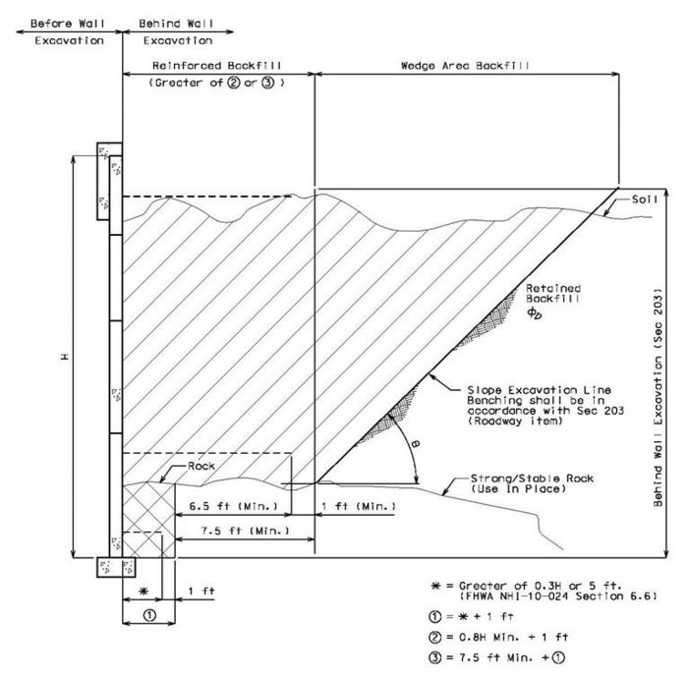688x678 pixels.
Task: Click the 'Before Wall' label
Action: click(68, 24)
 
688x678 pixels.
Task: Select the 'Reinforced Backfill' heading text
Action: click(217, 66)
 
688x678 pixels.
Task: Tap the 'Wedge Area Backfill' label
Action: click(465, 66)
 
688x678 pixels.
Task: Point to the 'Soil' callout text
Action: click(645, 199)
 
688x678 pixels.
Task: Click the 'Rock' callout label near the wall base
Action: click(201, 466)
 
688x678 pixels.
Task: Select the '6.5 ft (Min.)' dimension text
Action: click(234, 506)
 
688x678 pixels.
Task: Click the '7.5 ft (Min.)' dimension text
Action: click(246, 531)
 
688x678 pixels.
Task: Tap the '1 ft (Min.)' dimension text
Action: click(359, 506)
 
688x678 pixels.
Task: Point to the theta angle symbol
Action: click(415, 444)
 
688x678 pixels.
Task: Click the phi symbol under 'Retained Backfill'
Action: click(534, 312)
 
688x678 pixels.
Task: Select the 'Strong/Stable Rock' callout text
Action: click(532, 478)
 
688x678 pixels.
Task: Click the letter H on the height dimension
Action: click(65, 357)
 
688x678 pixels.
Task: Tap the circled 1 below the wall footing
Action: click(149, 615)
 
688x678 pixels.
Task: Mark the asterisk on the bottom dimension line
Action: click(143, 592)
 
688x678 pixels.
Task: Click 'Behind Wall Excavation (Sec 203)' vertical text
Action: click(658, 397)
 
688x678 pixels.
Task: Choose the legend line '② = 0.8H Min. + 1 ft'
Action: click(498, 637)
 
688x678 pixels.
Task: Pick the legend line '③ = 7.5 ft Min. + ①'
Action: click(496, 657)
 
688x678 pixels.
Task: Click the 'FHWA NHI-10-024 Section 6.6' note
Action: click(558, 596)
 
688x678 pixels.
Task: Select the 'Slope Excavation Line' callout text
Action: click(539, 390)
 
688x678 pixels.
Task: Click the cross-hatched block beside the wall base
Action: click(148, 521)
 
